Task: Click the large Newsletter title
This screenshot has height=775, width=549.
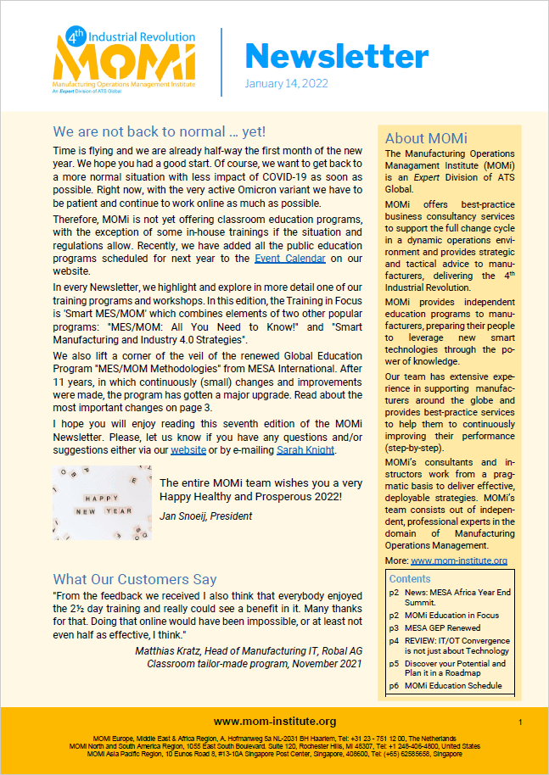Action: click(337, 56)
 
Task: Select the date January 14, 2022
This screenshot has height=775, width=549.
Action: click(286, 84)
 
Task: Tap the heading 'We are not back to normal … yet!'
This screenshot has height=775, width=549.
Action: click(159, 131)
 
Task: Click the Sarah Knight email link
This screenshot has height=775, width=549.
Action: click(306, 449)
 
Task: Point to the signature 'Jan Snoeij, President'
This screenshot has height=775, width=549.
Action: click(206, 516)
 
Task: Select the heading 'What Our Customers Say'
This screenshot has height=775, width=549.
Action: click(135, 579)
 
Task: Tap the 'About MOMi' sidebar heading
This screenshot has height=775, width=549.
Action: click(426, 138)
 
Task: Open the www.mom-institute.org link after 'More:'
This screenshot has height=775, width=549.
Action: click(459, 560)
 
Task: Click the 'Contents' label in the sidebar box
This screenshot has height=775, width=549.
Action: click(410, 578)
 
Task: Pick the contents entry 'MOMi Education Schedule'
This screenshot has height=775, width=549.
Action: click(453, 685)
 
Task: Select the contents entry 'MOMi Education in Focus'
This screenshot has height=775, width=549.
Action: click(451, 616)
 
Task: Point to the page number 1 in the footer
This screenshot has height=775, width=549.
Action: click(519, 721)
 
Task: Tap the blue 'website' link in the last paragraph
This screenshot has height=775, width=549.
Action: click(188, 449)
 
